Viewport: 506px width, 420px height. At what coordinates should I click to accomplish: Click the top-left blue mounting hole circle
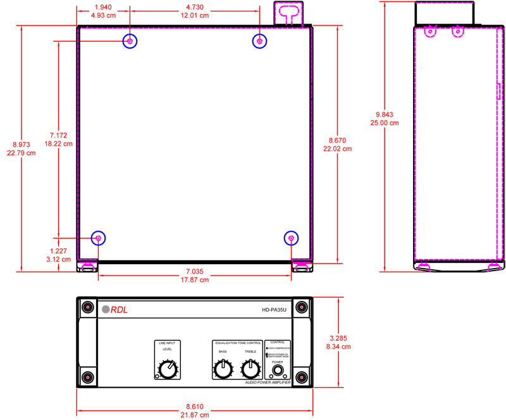(x=130, y=41)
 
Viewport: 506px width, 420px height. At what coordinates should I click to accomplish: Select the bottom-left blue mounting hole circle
(x=99, y=238)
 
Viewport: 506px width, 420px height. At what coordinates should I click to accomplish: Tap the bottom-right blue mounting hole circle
(x=291, y=238)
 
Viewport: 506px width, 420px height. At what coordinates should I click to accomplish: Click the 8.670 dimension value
(x=339, y=140)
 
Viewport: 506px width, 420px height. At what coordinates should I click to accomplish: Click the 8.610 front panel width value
(x=195, y=406)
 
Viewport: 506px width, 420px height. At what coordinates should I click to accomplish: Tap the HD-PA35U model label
(x=275, y=310)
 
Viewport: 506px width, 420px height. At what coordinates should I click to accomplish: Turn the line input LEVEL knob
(x=167, y=369)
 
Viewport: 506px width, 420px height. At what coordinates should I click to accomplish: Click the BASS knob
(x=223, y=369)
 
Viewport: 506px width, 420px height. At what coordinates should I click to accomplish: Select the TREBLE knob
(x=250, y=369)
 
